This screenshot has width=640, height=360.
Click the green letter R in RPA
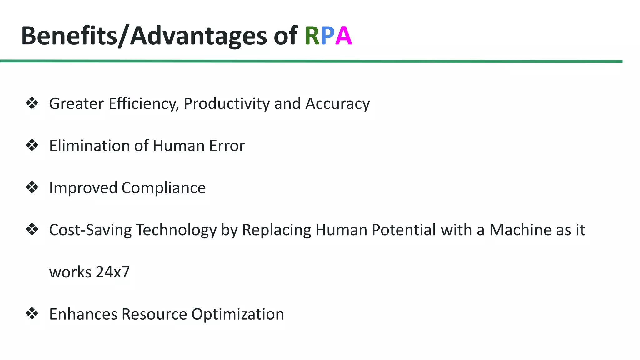point(312,36)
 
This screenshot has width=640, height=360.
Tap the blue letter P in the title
point(327,36)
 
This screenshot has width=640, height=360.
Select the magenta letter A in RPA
point(343,36)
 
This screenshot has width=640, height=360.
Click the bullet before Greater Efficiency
point(32,103)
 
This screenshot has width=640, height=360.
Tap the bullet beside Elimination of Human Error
point(32,145)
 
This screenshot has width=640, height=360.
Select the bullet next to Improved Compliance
point(32,187)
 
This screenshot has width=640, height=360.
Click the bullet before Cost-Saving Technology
point(32,230)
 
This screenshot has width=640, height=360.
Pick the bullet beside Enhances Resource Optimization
point(32,314)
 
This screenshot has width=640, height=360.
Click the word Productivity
point(227,104)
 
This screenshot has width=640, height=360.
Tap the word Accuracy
point(337,104)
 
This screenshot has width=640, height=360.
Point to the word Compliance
point(163,188)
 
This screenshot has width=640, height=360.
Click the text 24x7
point(112,272)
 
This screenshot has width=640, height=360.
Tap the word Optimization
point(237,314)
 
